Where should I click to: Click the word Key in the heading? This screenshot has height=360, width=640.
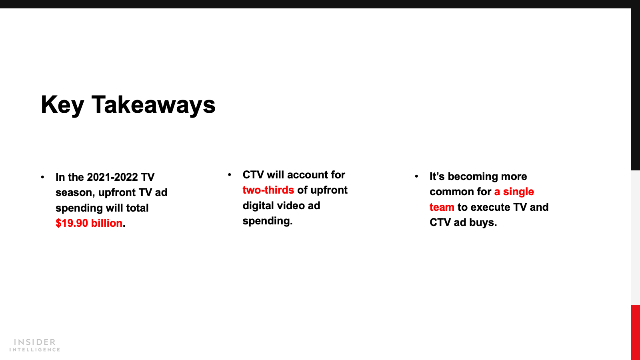click(62, 105)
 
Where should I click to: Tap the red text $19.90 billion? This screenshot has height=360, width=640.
click(89, 223)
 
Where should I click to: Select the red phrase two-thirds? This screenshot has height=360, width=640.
click(268, 190)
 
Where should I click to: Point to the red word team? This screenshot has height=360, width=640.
click(442, 207)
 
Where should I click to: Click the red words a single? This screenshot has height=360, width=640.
click(514, 192)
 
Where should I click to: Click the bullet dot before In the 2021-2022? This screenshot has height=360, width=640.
click(42, 177)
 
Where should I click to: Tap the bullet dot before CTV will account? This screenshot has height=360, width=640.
click(230, 174)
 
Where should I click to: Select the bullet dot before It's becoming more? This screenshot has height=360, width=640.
click(416, 176)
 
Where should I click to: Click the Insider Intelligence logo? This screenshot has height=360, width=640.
click(34, 345)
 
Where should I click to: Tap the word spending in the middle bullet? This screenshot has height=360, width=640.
click(268, 221)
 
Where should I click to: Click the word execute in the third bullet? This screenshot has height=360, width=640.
click(490, 207)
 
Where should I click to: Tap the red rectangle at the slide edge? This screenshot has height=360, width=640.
click(635, 332)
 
